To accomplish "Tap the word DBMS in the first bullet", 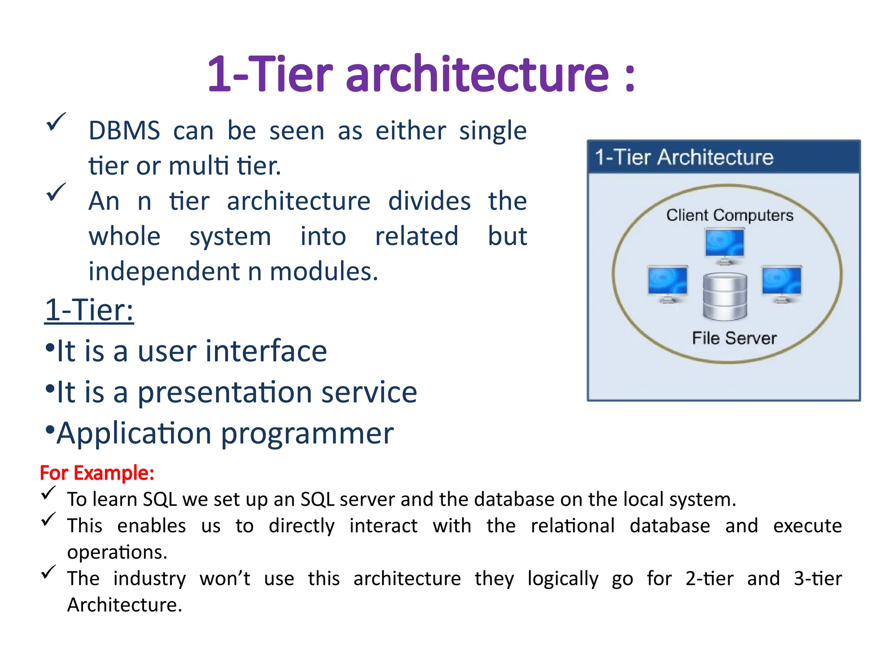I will (124, 131).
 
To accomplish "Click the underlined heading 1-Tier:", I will (89, 310).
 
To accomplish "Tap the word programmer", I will (307, 433).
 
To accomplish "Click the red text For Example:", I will (97, 473).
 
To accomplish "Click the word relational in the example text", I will (572, 526).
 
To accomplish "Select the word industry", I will (149, 578).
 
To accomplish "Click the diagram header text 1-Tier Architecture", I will (684, 157).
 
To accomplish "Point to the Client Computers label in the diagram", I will (730, 215).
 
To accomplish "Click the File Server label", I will (734, 338).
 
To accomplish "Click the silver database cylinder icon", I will (725, 297).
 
